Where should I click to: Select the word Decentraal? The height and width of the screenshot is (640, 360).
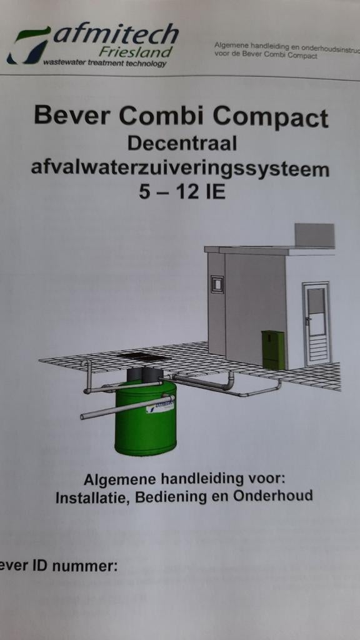(x=182, y=143)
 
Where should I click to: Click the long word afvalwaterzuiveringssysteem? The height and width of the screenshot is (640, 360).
(x=180, y=168)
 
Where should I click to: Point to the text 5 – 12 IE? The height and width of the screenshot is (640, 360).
(x=182, y=192)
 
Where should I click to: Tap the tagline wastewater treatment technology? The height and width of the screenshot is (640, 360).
(x=104, y=63)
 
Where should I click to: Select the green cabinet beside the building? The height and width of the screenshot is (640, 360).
(x=273, y=349)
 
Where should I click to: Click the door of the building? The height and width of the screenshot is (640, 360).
(x=316, y=324)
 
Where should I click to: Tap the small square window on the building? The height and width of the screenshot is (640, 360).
(x=216, y=284)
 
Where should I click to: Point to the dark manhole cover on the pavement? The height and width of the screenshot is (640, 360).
(x=143, y=357)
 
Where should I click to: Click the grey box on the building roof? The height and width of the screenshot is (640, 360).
(x=314, y=235)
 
